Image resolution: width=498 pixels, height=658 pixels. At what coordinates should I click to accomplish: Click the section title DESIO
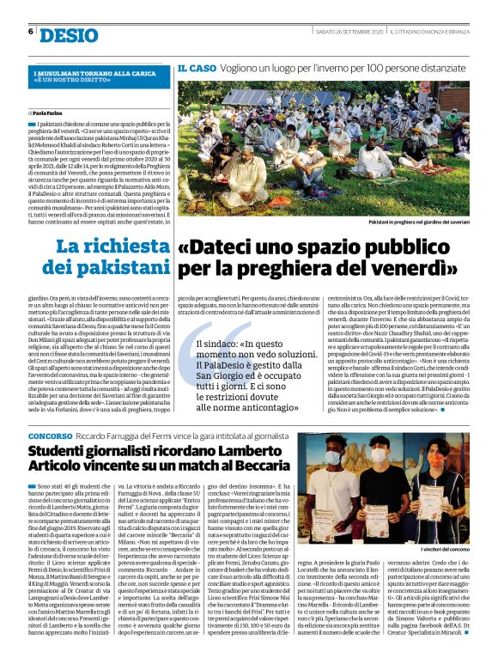pyautogui.click(x=69, y=34)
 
